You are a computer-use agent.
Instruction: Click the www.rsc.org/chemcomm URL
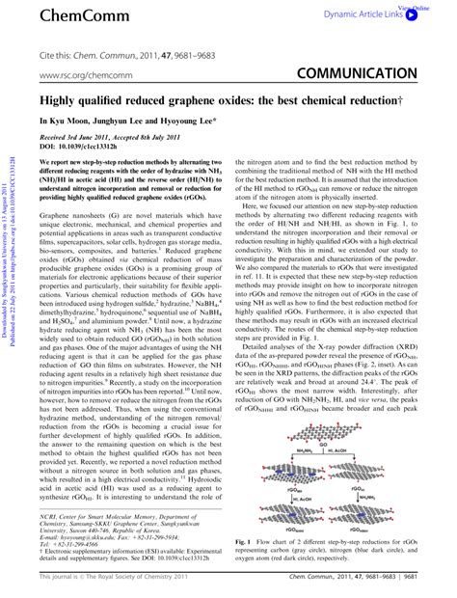point(82,73)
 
